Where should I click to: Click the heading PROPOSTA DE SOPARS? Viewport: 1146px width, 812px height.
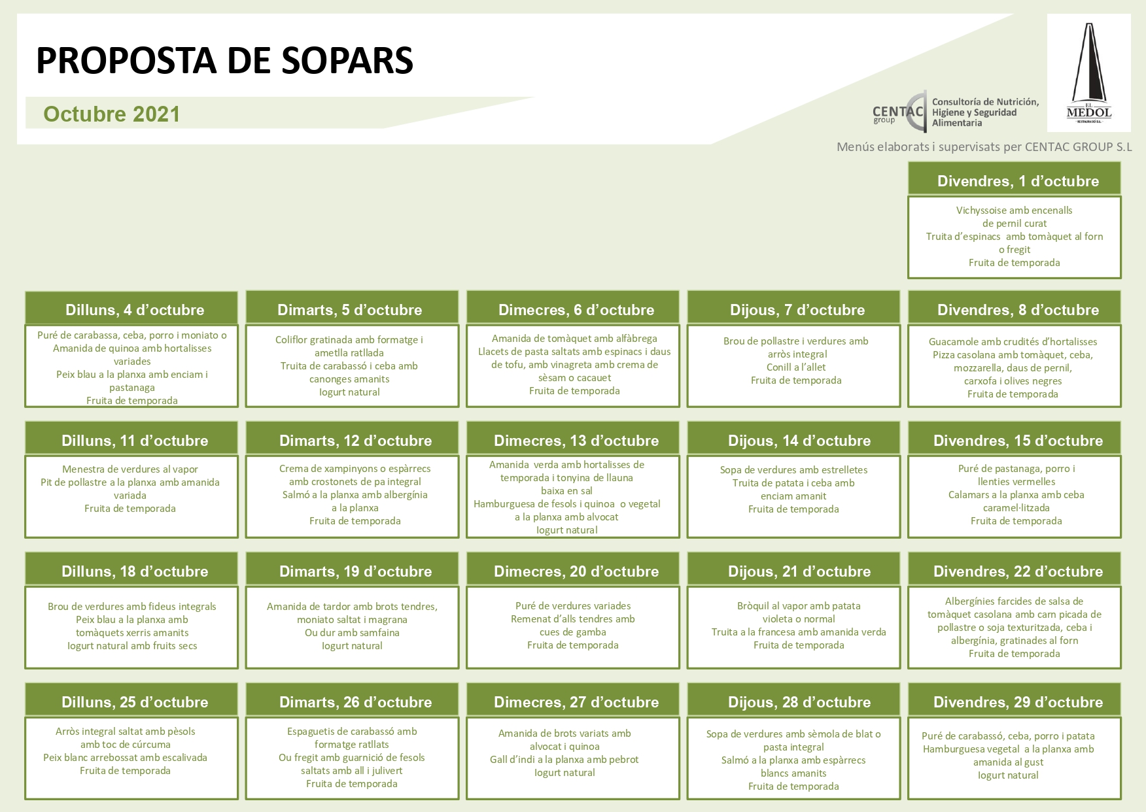coord(224,61)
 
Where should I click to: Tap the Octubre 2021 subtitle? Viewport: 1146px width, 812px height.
coord(111,114)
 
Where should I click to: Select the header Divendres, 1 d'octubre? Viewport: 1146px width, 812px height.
coord(1018,181)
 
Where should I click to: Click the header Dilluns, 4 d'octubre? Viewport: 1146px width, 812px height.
coord(135,310)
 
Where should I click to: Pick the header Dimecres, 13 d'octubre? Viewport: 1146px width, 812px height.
coord(576,441)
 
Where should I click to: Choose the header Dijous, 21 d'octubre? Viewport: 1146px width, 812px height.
coord(799,571)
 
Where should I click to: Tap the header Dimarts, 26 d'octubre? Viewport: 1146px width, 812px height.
coord(355,702)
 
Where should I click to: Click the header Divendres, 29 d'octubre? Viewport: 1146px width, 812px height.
coord(1018,702)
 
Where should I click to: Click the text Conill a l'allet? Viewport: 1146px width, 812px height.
coord(796,367)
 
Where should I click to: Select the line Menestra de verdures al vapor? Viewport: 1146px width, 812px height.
coord(130,469)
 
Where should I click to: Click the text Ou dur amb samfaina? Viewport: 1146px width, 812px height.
coord(352,633)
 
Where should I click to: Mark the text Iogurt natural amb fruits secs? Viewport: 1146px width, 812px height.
coord(132,646)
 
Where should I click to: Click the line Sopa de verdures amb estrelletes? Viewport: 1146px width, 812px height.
coord(793,470)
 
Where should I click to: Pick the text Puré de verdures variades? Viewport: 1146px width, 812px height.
coord(573,606)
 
